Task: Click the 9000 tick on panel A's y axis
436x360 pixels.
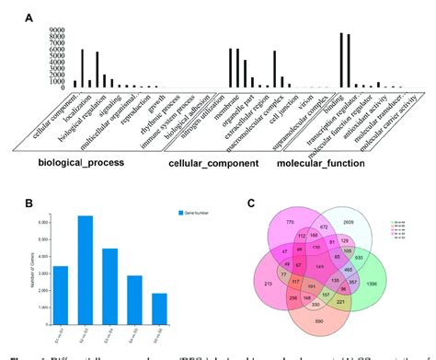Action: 55,29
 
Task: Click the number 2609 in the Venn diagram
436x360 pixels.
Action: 350,223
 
